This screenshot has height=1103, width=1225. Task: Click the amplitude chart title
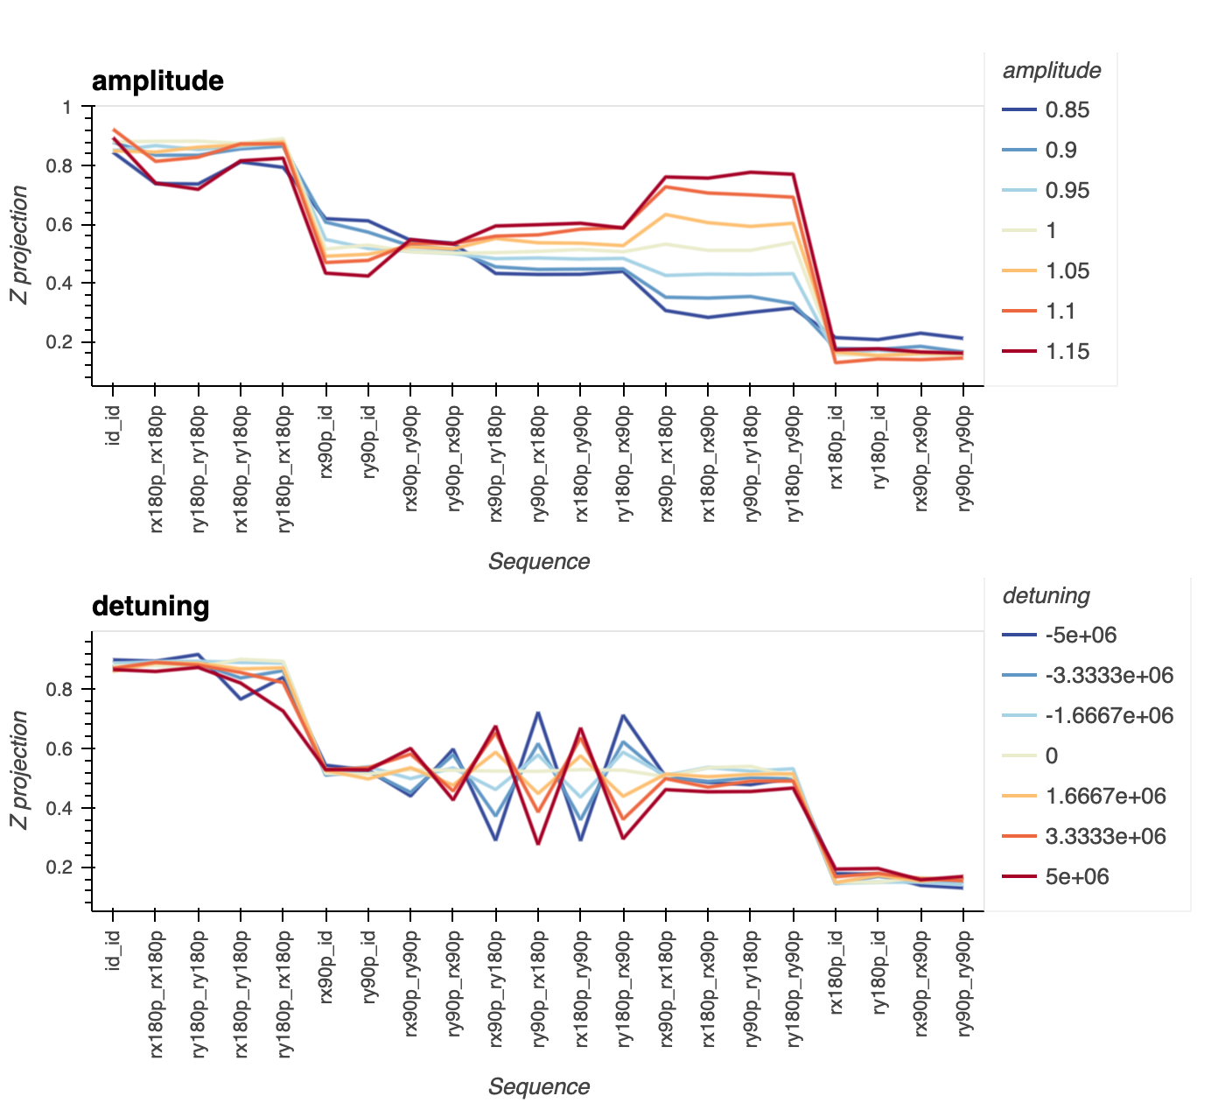pyautogui.click(x=157, y=81)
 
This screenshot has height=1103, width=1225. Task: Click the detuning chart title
pyautogui.click(x=150, y=606)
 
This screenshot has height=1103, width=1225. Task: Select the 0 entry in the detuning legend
pyautogui.click(x=1051, y=756)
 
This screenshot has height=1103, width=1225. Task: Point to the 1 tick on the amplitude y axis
pyautogui.click(x=67, y=108)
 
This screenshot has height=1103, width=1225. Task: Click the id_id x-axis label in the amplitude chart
pyautogui.click(x=113, y=425)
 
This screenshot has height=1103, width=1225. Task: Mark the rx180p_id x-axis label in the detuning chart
pyautogui.click(x=836, y=972)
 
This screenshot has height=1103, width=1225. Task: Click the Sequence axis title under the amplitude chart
pyautogui.click(x=539, y=561)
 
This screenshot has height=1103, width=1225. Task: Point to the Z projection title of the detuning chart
pyautogui.click(x=19, y=769)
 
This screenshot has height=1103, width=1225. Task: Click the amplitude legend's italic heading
pyautogui.click(x=1051, y=71)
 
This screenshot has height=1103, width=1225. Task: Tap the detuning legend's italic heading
pyautogui.click(x=1046, y=596)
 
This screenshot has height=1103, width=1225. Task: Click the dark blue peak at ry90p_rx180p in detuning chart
pyautogui.click(x=538, y=713)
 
